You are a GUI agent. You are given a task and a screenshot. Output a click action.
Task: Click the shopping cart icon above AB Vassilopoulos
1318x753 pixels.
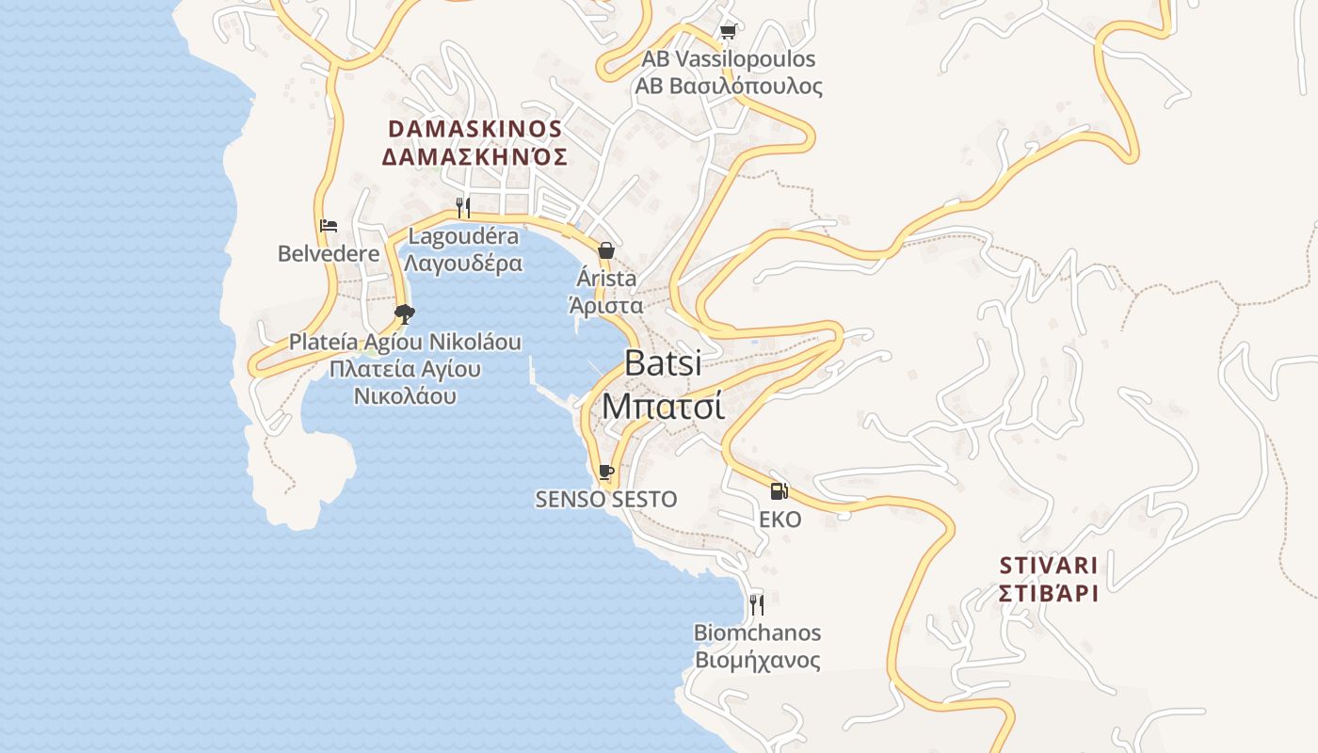[x=727, y=32]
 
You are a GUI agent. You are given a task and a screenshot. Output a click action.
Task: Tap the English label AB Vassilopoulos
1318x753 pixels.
[x=728, y=59]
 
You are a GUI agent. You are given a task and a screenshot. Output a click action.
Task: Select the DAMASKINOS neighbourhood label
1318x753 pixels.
[x=474, y=129]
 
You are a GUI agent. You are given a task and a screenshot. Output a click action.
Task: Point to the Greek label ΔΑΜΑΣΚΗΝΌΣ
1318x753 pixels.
[x=474, y=156]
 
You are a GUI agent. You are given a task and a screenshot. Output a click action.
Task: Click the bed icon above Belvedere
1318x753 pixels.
[x=329, y=226]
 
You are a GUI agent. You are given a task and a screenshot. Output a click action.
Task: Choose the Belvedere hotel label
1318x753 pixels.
[x=329, y=253]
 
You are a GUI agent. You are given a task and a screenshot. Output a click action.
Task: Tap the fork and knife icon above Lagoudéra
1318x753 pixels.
[x=463, y=208]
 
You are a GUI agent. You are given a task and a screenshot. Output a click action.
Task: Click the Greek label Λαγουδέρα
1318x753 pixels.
[x=463, y=264]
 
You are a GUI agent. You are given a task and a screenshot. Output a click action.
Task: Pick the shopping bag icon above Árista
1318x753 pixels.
[x=606, y=250]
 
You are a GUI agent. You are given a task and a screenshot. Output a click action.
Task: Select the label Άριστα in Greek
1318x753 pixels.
[x=606, y=305]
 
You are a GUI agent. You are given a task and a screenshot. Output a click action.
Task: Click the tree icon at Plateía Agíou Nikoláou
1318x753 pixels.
[x=405, y=314]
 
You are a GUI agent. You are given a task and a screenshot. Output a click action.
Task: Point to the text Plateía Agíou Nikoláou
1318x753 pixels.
[x=405, y=342]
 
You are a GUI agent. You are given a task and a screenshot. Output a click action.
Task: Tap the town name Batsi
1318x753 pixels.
[x=663, y=363]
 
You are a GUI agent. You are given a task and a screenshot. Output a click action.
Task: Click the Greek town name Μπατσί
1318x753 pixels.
[x=663, y=407]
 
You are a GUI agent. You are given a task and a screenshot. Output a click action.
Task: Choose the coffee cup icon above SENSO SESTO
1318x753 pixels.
[x=606, y=472]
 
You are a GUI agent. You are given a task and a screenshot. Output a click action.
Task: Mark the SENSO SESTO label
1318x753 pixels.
[x=606, y=500]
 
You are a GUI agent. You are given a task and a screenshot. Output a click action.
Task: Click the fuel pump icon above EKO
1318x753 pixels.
[x=780, y=490]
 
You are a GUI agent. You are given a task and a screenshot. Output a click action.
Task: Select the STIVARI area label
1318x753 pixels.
[x=1049, y=566]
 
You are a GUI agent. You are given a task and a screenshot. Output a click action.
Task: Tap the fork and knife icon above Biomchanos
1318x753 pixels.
[x=756, y=604]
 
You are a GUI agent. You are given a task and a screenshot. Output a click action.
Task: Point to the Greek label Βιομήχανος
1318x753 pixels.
[x=757, y=660]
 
